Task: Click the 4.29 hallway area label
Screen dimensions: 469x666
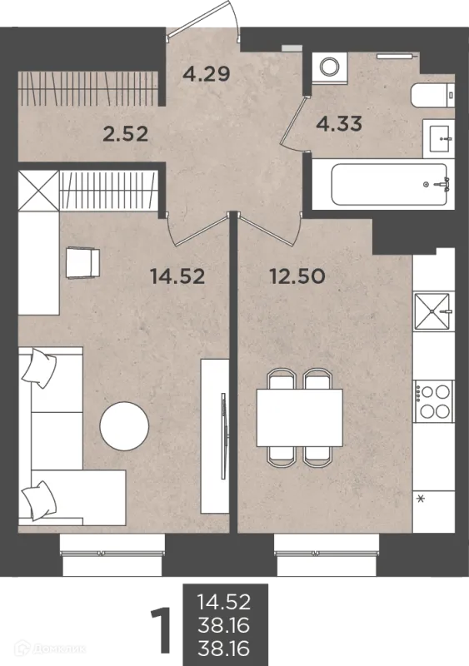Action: pos(207,74)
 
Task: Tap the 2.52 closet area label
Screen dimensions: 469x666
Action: pos(126,134)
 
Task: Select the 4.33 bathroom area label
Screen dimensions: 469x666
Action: pos(339,123)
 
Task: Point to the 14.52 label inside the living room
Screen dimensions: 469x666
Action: pos(177,276)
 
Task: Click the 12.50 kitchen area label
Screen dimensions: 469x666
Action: pos(297,276)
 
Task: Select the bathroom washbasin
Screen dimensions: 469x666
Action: pos(438,138)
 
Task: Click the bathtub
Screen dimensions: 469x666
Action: pos(390,184)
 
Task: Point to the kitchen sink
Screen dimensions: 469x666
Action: pos(432,311)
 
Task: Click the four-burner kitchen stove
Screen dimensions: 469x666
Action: pos(433,401)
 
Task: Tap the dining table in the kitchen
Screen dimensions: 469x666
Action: pos(299,417)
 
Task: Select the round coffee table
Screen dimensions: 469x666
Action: pos(124,425)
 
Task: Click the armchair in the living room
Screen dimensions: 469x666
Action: pos(82,263)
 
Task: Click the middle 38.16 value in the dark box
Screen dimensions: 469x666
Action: pos(223,624)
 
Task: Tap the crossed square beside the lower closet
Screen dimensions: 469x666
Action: pos(37,191)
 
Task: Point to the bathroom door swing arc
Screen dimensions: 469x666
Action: pos(290,123)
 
